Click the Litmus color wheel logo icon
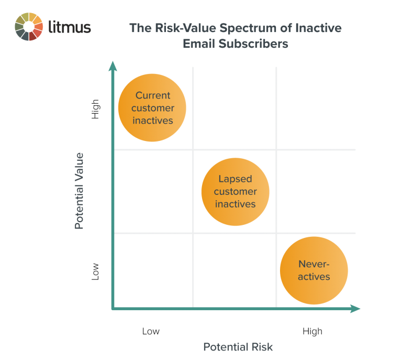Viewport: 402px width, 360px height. pos(29,26)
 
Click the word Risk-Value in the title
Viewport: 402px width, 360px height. pos(177,28)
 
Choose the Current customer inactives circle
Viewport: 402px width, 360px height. pos(152,108)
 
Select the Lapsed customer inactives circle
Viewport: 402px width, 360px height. pos(235,192)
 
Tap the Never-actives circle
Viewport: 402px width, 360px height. pos(314,270)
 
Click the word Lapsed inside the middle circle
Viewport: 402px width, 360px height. pos(235,179)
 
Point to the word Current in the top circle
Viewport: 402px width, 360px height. pos(153,95)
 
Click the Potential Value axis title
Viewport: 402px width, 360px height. pos(79,191)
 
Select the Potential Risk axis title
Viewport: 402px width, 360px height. pos(238,347)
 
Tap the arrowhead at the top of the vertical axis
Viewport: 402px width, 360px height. pos(112,66)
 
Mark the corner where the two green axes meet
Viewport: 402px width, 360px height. pos(113,309)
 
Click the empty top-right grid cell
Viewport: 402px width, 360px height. pos(316,108)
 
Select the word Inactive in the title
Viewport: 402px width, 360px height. pos(316,28)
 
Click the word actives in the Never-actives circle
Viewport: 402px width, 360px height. pos(314,277)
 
